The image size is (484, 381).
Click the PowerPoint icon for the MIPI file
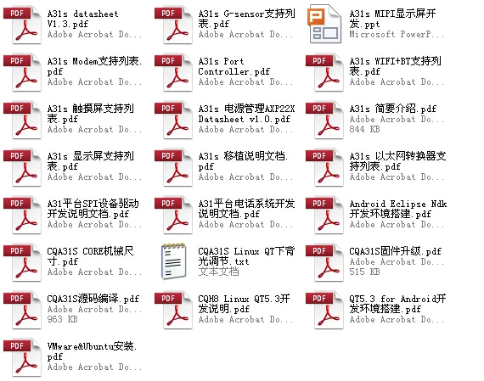(x=324, y=24)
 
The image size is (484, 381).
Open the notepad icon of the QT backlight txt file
(x=174, y=261)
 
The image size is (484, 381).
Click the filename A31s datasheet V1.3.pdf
(x=82, y=19)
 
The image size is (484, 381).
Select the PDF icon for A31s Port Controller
(x=173, y=72)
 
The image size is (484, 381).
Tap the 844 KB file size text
(x=364, y=129)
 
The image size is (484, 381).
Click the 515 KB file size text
(x=364, y=272)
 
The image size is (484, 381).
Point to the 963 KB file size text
(x=62, y=319)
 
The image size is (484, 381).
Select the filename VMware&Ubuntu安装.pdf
(x=92, y=351)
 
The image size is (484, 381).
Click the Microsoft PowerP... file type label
(x=397, y=34)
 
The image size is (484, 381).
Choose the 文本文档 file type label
(x=218, y=272)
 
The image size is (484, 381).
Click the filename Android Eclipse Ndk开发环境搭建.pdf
(x=398, y=209)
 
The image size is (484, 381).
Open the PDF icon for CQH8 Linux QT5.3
(x=173, y=310)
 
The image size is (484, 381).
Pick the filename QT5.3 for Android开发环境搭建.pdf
(x=398, y=304)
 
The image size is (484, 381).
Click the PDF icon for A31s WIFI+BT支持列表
(x=324, y=72)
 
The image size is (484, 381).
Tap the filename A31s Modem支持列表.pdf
(x=94, y=66)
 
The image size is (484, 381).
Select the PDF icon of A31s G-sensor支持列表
(x=173, y=25)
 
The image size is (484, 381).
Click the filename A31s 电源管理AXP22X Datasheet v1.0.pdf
(x=246, y=114)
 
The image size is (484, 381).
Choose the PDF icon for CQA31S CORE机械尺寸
(x=22, y=262)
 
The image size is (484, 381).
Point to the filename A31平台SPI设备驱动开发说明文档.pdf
(x=93, y=209)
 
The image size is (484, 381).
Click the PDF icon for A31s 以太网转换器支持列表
(x=324, y=167)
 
